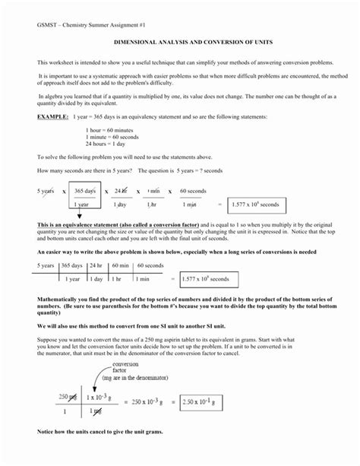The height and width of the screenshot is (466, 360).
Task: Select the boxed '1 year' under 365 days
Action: (x=84, y=204)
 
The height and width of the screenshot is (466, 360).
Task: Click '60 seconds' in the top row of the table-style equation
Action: (x=150, y=266)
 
